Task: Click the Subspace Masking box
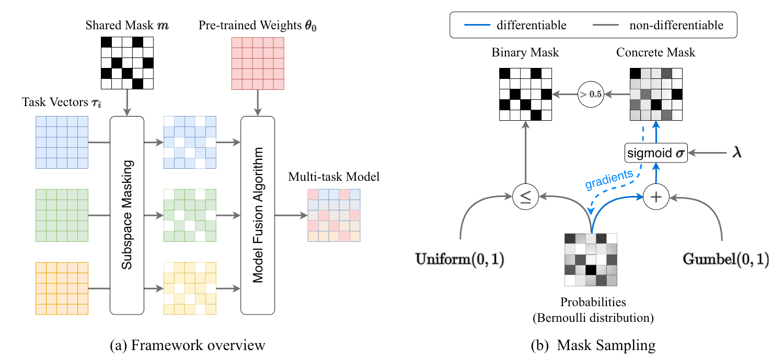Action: (x=126, y=215)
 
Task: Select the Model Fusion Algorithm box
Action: (x=257, y=215)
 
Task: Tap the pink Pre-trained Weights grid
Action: (x=257, y=63)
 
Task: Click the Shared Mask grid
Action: (x=127, y=63)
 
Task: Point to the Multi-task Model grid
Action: (x=334, y=215)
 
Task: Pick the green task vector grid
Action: (x=61, y=215)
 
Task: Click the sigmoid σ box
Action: (x=655, y=153)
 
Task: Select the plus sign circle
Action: (x=655, y=197)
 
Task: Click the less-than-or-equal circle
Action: (x=525, y=197)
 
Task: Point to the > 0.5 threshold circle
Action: (x=590, y=95)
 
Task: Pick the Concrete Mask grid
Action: (x=655, y=95)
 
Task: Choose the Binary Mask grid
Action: (x=525, y=95)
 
